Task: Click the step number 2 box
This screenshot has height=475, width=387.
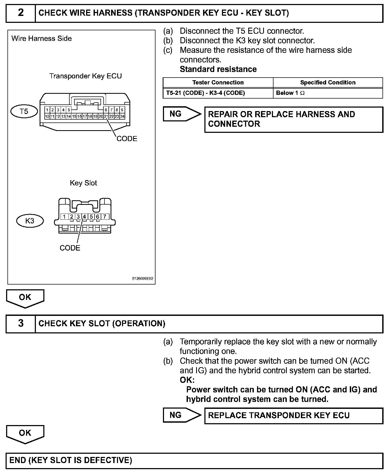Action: click(21, 13)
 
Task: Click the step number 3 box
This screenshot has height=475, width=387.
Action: click(21, 323)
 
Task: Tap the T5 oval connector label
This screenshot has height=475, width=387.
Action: click(24, 111)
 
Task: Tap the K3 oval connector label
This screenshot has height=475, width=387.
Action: click(30, 221)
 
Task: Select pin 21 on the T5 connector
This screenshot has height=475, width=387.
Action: click(106, 116)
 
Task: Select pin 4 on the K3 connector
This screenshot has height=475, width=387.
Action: click(85, 217)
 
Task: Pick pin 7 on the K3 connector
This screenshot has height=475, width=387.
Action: click(105, 217)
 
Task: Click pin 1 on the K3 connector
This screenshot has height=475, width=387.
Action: click(64, 217)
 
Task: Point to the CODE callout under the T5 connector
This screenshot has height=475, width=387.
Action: click(127, 139)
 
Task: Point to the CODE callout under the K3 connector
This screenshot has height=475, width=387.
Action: click(70, 248)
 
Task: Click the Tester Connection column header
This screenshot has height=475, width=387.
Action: click(218, 82)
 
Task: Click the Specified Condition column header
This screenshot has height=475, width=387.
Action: click(328, 82)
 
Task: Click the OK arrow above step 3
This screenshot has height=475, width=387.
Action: click(25, 298)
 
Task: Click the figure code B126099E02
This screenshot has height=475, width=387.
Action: click(143, 279)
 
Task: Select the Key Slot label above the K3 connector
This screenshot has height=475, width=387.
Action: click(83, 183)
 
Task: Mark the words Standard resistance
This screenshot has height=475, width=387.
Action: click(218, 69)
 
